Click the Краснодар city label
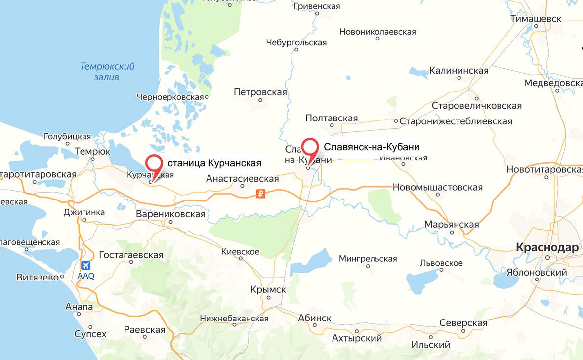(x=546, y=248)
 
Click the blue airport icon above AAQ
(x=86, y=265)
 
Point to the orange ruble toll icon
(x=261, y=194)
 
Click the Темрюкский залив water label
(x=107, y=72)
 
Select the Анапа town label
(x=79, y=307)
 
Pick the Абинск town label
(x=315, y=318)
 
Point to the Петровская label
(x=260, y=92)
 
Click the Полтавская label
(x=332, y=119)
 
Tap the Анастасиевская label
(x=243, y=179)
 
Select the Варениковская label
(x=170, y=214)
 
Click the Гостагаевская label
(x=131, y=255)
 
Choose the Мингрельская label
(x=368, y=259)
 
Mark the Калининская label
(x=458, y=71)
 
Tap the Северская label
(x=463, y=323)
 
